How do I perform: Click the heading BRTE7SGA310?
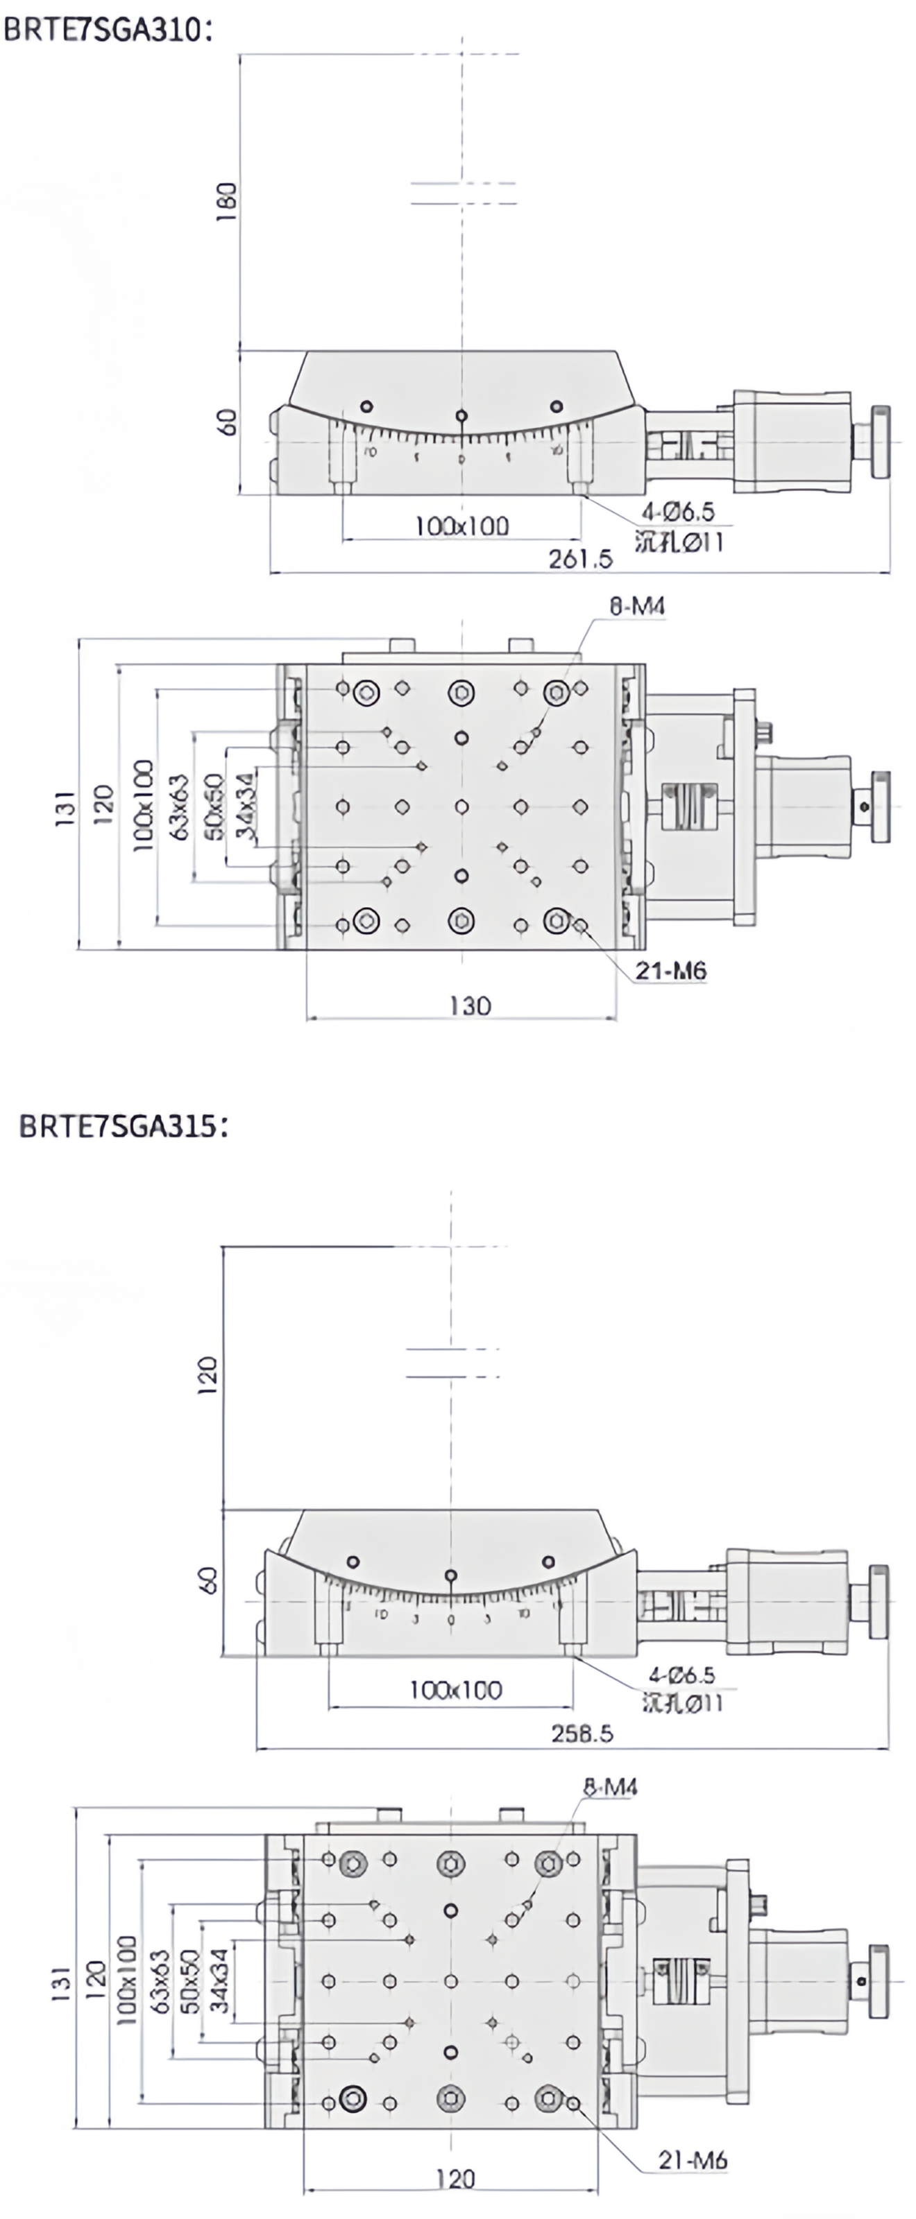106,29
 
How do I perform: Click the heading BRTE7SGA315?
124,1126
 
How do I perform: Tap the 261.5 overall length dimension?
580,559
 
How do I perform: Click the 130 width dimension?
470,1005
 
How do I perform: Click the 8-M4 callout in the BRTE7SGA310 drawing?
637,607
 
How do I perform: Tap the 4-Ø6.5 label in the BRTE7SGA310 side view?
677,512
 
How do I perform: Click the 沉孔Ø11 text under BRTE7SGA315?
681,1702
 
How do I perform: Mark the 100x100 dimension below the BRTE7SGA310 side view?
462,526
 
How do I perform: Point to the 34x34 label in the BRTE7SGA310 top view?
246,805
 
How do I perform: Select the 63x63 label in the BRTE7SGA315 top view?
160,1981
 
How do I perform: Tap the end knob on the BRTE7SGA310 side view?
881,442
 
